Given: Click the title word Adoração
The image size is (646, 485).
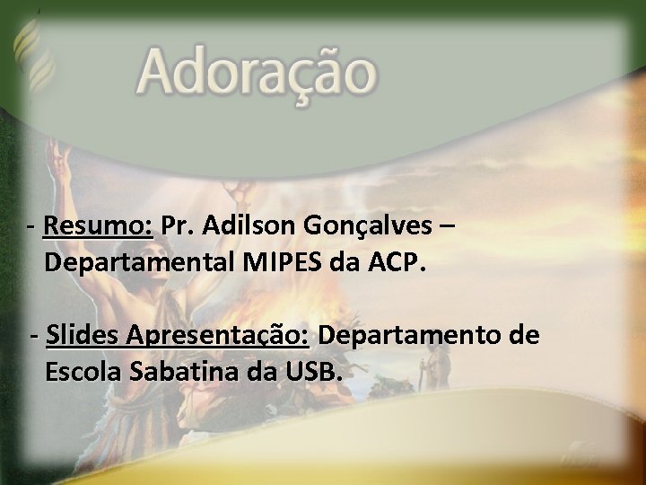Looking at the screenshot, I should (x=257, y=73).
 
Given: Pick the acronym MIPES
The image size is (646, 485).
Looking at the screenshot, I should (x=281, y=263).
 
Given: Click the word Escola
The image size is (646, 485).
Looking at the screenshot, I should (x=83, y=370).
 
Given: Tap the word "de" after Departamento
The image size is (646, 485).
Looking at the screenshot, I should (x=525, y=336).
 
